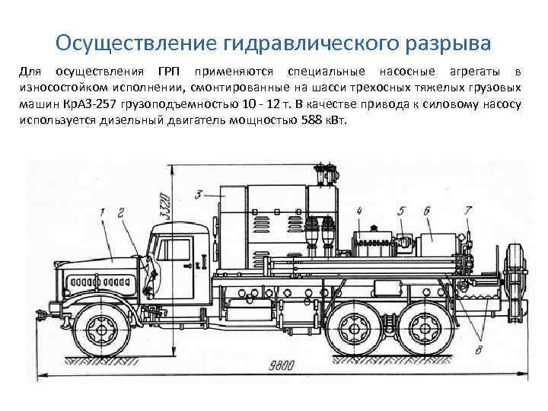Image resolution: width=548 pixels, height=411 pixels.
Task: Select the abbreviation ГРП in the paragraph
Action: (x=174, y=72)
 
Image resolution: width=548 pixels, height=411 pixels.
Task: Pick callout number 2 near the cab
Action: (x=122, y=209)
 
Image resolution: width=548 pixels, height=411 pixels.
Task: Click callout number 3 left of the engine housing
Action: (x=199, y=196)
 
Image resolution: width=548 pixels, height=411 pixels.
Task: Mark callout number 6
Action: (x=427, y=210)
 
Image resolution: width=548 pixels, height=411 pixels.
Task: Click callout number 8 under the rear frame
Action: (x=477, y=350)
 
